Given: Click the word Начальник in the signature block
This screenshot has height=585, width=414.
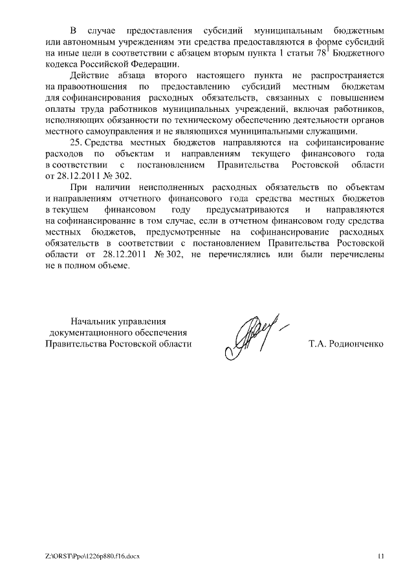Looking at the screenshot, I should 92,321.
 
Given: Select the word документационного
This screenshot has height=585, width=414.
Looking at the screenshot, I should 91,332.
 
